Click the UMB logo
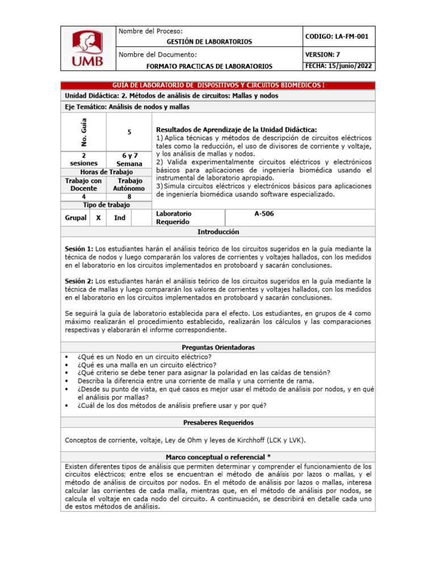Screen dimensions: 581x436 (x=87, y=49)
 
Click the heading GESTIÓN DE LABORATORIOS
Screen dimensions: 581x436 (x=209, y=41)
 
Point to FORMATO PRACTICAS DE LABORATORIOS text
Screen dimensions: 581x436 (x=209, y=66)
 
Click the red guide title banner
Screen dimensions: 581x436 (x=217, y=85)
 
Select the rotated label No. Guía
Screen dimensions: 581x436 (x=83, y=132)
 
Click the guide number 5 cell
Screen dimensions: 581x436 (x=129, y=132)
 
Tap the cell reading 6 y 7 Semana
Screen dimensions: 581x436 (x=129, y=159)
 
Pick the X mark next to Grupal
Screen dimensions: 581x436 (x=98, y=217)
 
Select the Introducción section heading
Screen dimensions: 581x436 (x=218, y=232)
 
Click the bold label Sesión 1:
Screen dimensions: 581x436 (x=79, y=249)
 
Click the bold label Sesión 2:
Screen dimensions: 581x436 (x=79, y=281)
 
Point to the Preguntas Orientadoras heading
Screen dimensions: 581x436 (x=218, y=347)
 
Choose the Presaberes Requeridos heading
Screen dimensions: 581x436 (x=218, y=423)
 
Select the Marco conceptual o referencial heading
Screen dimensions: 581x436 (x=218, y=457)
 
